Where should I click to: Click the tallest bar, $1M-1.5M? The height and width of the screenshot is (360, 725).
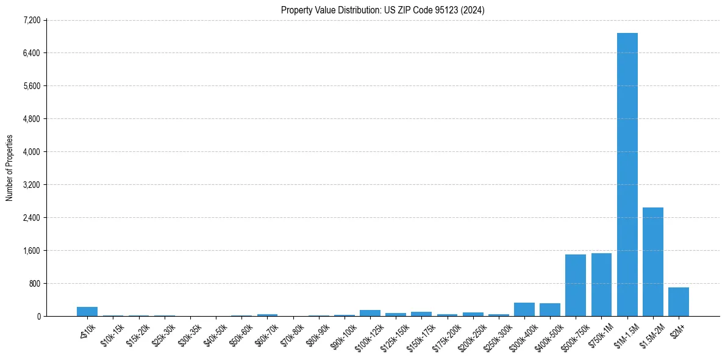click(627, 175)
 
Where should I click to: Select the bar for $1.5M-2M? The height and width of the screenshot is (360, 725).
click(652, 262)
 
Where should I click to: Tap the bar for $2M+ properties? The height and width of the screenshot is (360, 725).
click(678, 301)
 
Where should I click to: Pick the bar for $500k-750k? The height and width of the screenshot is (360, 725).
click(575, 285)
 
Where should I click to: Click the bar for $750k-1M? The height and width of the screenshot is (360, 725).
click(601, 284)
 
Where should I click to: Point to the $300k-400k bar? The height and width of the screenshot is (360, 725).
click(524, 309)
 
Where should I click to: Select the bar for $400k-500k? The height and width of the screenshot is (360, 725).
click(549, 309)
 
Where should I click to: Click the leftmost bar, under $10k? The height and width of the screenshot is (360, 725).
click(87, 311)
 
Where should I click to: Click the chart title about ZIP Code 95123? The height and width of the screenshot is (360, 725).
click(382, 10)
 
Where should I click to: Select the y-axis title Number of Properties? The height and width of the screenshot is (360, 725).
click(10, 168)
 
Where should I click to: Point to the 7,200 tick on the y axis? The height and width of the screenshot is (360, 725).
click(31, 20)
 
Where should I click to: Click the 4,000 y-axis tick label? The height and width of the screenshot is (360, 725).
click(31, 151)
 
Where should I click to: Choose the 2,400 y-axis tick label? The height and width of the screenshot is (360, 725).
click(31, 217)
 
